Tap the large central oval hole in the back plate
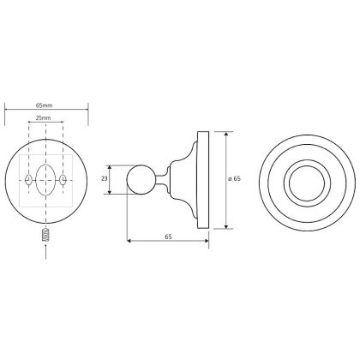[46, 180]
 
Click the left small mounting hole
[30, 180]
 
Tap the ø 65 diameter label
[236, 179]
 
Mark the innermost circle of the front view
[304, 181]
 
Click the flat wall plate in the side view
[204, 180]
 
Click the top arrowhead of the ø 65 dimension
[226, 135]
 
